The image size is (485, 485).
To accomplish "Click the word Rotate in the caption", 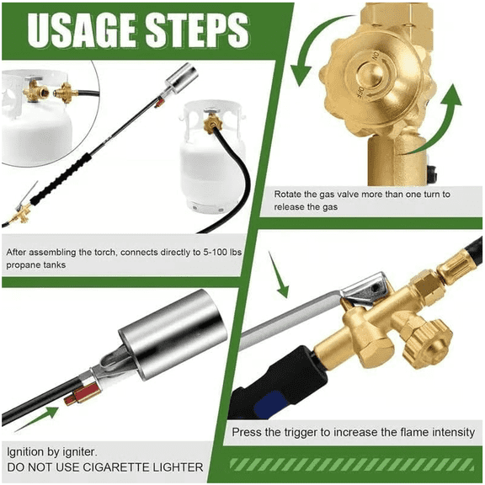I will [x=291, y=195].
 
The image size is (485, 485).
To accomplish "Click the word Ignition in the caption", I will [x=29, y=450].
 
